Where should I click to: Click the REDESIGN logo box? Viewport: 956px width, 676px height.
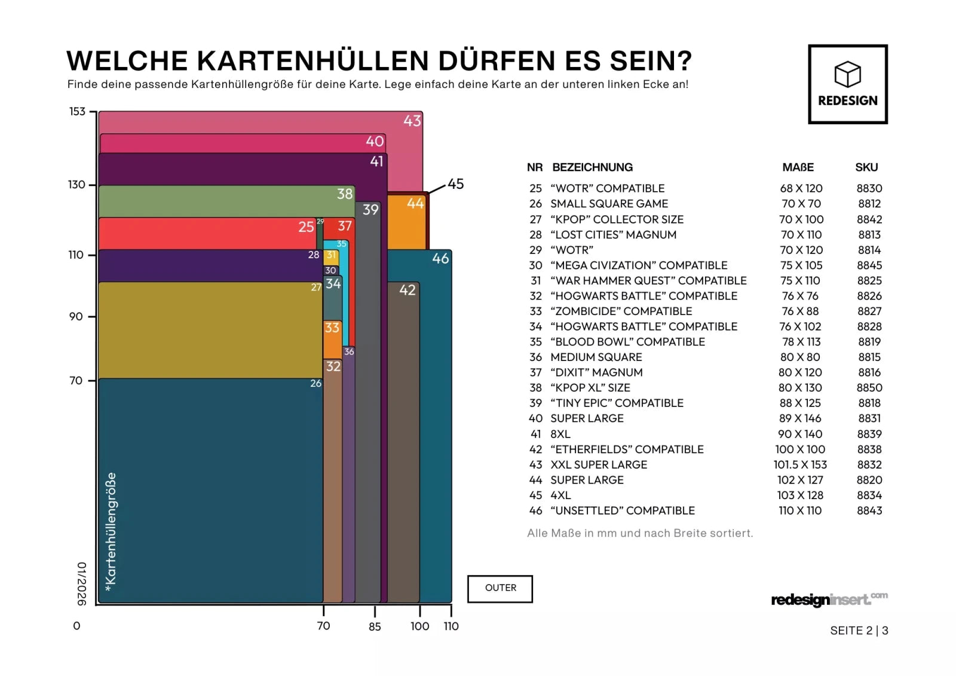tap(847, 84)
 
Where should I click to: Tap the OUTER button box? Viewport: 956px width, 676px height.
tap(500, 589)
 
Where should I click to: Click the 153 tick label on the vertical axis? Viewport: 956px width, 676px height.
tap(77, 112)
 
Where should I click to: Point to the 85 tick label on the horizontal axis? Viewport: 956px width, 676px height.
tap(375, 627)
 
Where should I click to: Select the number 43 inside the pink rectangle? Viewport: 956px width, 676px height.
tap(412, 121)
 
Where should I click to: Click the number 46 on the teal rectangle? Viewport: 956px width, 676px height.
tap(440, 259)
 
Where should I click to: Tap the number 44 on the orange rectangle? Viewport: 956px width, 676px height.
tap(415, 204)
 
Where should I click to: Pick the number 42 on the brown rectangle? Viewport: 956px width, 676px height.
tap(407, 290)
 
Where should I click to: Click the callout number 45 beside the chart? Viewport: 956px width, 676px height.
tap(456, 184)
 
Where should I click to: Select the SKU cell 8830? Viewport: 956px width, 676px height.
tap(869, 188)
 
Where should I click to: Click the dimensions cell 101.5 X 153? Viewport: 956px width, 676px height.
tap(800, 465)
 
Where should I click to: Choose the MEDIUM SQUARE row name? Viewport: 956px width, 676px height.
tap(596, 357)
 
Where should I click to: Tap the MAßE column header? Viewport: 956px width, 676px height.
tap(798, 168)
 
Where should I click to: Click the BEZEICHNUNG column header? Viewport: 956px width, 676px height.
tap(592, 168)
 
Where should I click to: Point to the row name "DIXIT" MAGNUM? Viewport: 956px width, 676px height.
tap(596, 372)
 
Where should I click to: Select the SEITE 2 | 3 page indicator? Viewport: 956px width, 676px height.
tap(859, 631)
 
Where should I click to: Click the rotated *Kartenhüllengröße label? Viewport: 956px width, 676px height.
tap(111, 532)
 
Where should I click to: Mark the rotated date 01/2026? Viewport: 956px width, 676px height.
tap(82, 583)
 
